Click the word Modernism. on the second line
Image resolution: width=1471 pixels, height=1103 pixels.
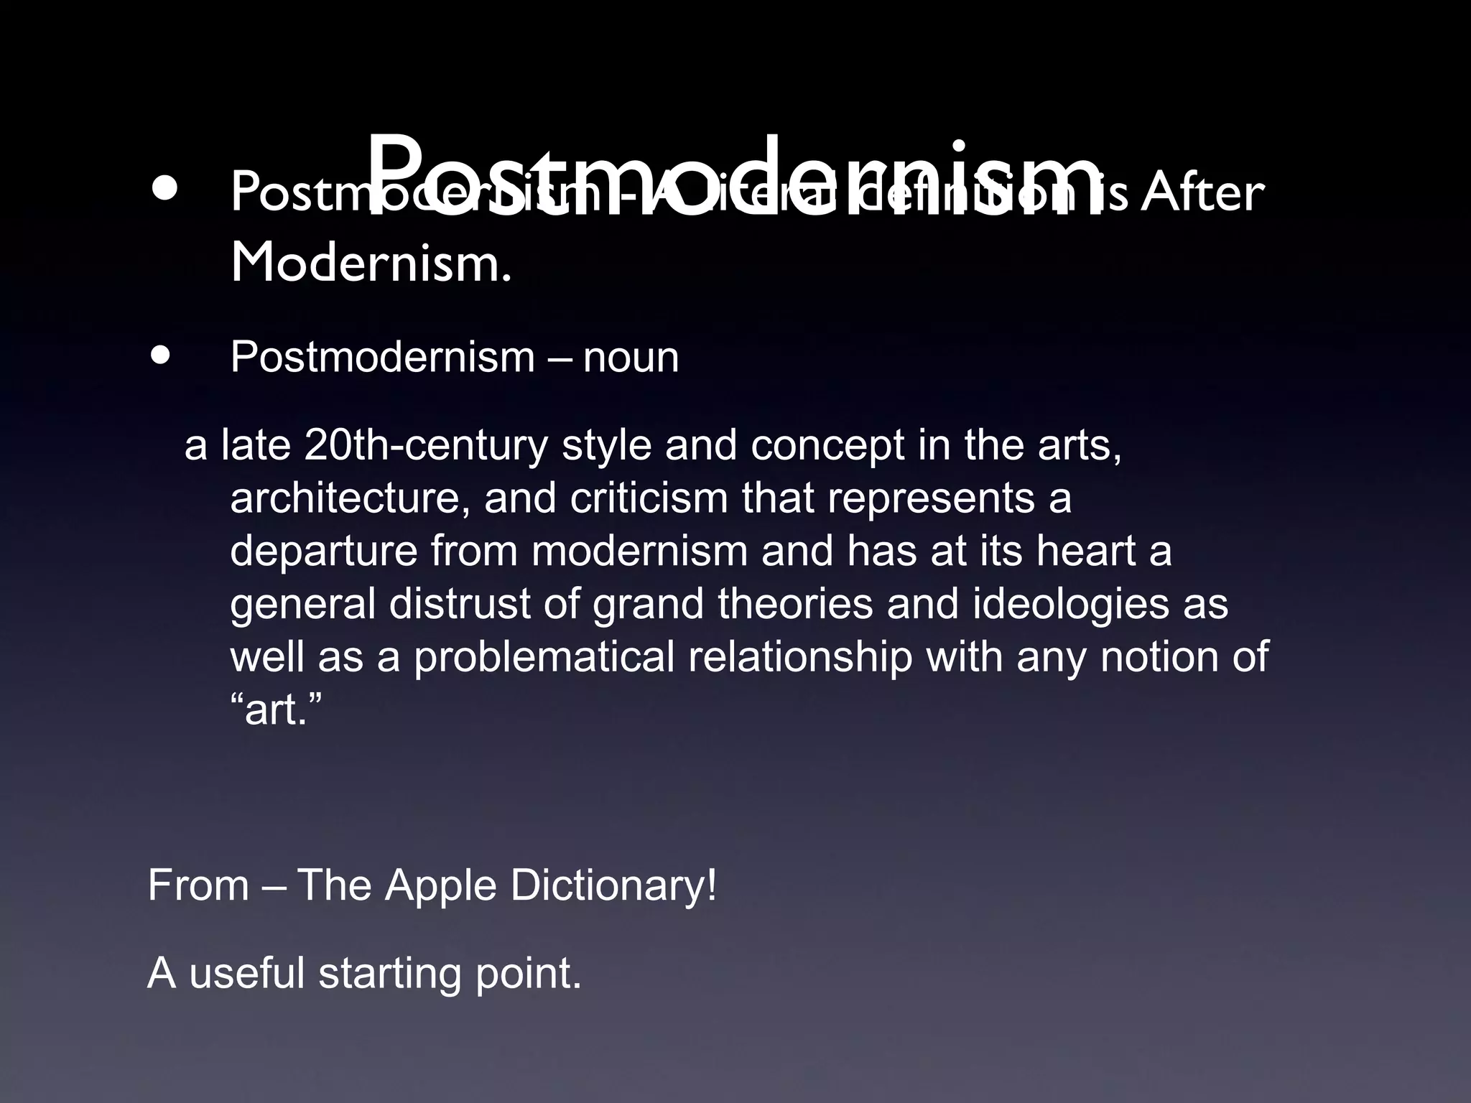(x=371, y=263)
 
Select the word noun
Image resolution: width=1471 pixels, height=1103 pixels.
(x=631, y=357)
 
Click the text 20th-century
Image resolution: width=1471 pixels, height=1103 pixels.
(x=425, y=445)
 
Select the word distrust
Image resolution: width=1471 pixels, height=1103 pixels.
(x=460, y=604)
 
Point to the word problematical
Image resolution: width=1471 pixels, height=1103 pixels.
(x=544, y=657)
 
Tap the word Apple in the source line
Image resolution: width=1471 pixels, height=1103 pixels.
(x=440, y=885)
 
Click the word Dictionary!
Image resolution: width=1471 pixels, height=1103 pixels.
(x=613, y=885)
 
